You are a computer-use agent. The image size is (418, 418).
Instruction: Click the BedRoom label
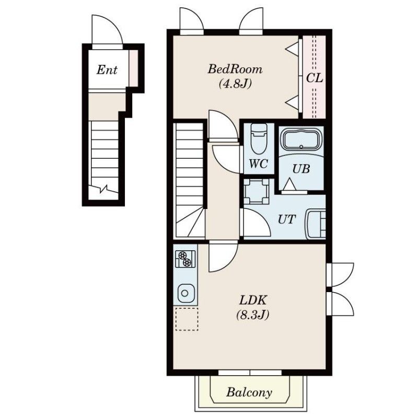[235, 69]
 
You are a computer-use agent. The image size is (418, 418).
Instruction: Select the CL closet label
[315, 78]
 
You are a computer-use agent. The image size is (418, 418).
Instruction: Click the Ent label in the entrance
[107, 70]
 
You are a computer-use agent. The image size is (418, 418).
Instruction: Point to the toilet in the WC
[259, 138]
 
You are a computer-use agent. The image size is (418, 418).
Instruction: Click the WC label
[258, 164]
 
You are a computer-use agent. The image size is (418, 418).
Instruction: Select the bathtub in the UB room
[301, 140]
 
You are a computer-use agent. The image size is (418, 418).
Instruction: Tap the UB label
[301, 169]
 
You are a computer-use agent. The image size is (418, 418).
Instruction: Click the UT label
[287, 219]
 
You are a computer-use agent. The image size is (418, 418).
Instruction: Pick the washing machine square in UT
[257, 191]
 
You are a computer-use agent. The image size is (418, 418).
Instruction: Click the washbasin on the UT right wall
[316, 224]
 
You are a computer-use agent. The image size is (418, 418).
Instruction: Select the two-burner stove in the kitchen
[185, 259]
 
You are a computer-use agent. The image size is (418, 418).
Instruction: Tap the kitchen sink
[185, 293]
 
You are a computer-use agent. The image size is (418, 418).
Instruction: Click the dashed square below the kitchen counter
[187, 319]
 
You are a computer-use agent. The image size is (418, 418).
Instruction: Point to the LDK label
[253, 300]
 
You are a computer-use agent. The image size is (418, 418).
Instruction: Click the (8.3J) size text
[253, 315]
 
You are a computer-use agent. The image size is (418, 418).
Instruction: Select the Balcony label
[249, 392]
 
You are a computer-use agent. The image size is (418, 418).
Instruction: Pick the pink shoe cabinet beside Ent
[134, 68]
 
